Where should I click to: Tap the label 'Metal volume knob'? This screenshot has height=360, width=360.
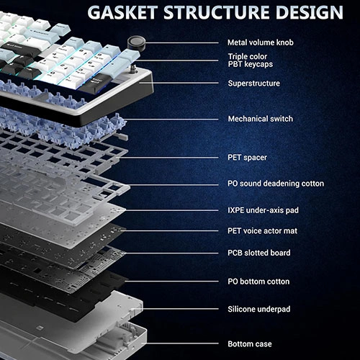[261, 42]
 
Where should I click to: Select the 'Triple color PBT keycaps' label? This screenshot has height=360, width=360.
[251, 60]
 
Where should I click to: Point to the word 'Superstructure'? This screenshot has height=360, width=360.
[253, 84]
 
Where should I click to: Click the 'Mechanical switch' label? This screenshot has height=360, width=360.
[261, 119]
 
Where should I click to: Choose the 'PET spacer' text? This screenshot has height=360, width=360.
[247, 158]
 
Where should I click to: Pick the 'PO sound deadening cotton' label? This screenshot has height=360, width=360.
[276, 184]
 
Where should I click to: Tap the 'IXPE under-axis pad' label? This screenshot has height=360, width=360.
[263, 210]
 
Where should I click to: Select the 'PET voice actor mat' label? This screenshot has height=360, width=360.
[262, 231]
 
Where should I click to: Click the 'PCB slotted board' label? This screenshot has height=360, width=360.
[259, 253]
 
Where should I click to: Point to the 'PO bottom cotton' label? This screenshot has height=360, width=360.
[258, 282]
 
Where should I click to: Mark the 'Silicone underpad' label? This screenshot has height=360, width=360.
[259, 309]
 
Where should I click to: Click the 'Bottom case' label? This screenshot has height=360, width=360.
[250, 344]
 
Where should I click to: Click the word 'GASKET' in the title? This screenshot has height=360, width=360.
[122, 12]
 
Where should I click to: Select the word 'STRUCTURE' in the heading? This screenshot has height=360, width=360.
[217, 12]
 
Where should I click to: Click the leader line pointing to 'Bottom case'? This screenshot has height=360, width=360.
[180, 343]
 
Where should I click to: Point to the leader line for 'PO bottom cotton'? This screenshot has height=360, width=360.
[171, 282]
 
